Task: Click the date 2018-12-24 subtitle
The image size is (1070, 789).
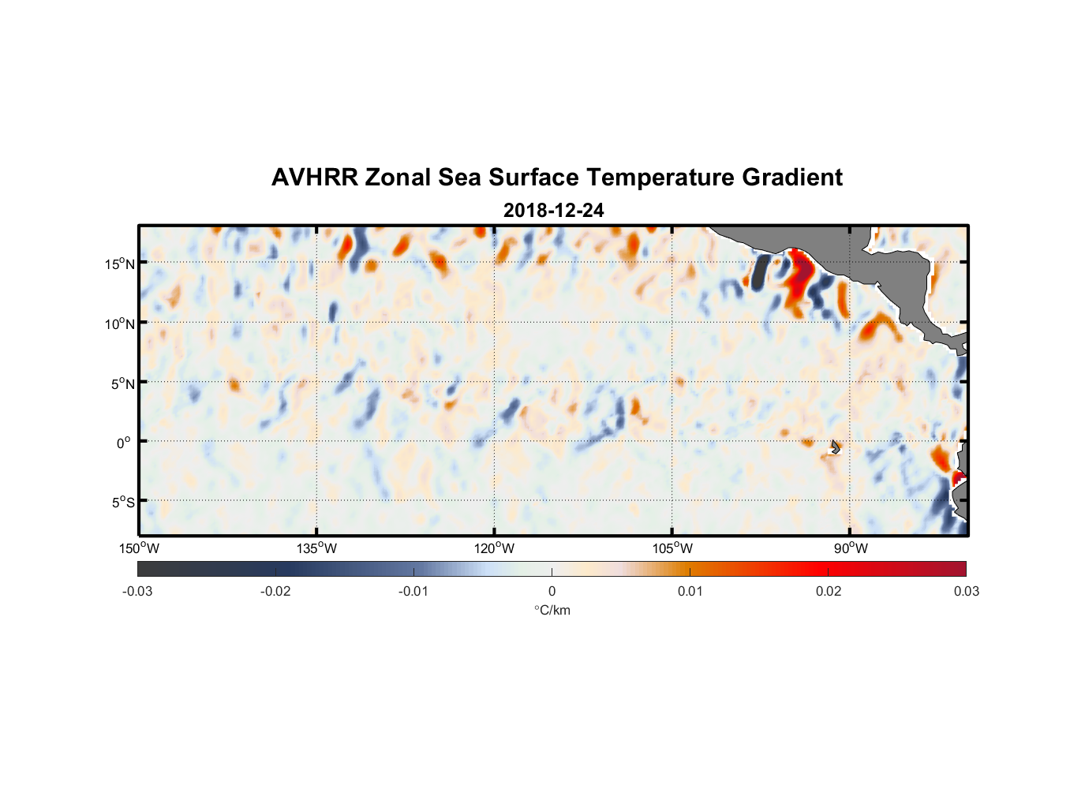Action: coord(553,210)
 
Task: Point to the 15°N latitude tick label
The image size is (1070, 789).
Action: coord(120,264)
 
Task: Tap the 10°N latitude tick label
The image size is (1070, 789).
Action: coord(120,323)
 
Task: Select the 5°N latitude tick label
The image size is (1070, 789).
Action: coord(122,383)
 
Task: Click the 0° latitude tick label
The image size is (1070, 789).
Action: coord(124,443)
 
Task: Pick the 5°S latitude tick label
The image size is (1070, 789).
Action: coord(122,502)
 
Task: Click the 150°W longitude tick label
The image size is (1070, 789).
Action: coord(139,548)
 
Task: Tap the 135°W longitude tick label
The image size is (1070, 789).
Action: coord(316,548)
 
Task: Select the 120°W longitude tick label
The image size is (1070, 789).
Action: coord(494,548)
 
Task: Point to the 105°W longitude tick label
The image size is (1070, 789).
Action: coord(672,548)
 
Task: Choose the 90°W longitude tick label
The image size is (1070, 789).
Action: coord(850,548)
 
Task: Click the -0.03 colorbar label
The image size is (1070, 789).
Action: coord(137,591)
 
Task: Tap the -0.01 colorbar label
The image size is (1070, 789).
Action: coord(413,591)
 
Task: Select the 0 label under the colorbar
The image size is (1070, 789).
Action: coord(552,591)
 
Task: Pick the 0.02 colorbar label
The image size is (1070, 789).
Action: coord(829,591)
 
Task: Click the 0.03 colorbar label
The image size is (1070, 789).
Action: coord(966,591)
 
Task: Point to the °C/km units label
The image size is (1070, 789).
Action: coord(552,610)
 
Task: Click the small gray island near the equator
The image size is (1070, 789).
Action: coord(836,447)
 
